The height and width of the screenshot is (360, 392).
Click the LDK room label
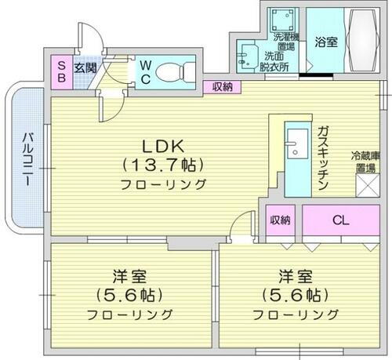coord(163,146)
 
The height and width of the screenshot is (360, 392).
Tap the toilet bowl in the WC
coord(172,71)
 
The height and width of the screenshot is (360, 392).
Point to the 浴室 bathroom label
coord(326,42)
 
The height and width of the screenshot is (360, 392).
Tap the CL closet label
coord(339,220)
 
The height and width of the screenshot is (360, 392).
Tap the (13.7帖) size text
coord(163,165)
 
